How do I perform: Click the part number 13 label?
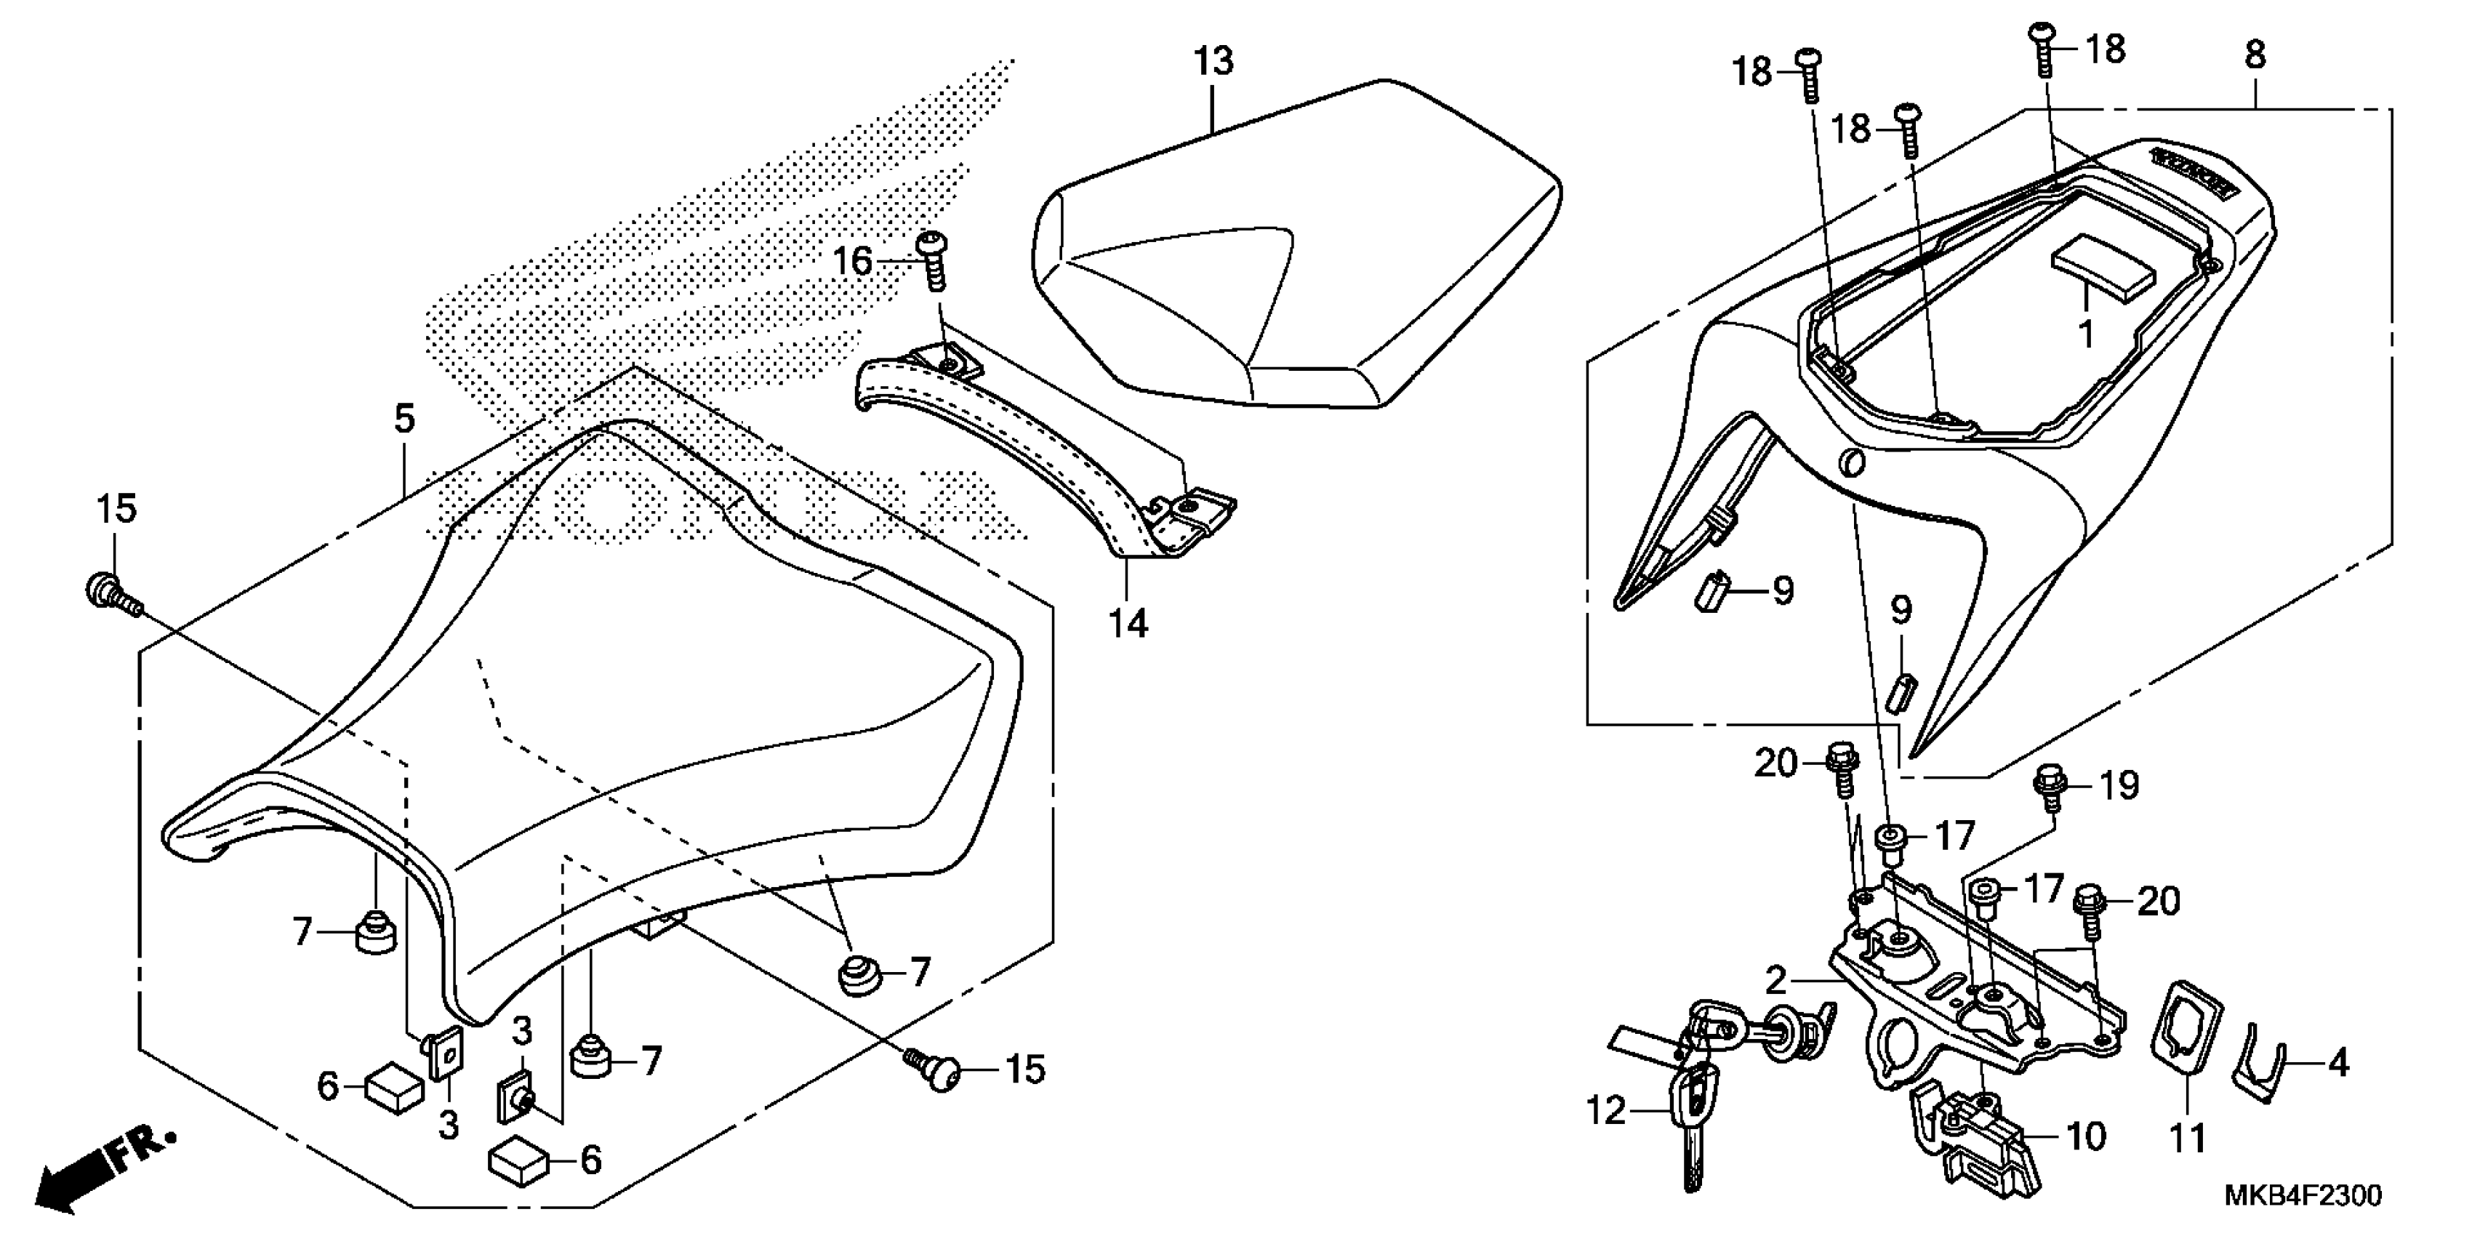[1213, 60]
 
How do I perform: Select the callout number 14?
[1128, 624]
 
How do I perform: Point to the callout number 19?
[2119, 786]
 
